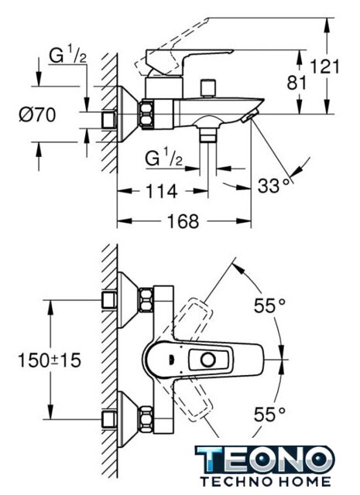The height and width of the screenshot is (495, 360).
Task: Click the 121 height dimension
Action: [324, 67]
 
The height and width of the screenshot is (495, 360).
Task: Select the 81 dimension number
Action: [297, 83]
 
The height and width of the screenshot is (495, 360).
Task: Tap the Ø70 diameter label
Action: [38, 114]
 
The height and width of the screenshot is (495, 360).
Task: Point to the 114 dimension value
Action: [161, 191]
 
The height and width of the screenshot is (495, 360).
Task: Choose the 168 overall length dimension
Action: [183, 220]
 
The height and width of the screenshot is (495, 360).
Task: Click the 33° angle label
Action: [274, 186]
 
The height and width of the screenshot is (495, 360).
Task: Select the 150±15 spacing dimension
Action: [50, 360]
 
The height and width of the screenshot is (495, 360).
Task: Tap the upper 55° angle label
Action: [269, 306]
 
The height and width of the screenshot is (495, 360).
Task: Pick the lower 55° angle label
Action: [269, 414]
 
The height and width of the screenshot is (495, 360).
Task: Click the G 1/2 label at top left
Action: [67, 56]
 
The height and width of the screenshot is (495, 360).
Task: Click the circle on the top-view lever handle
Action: [208, 360]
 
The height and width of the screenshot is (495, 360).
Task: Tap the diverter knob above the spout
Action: [208, 88]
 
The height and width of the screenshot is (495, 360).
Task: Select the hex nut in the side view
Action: [147, 114]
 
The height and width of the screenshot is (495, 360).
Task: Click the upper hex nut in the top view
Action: [146, 299]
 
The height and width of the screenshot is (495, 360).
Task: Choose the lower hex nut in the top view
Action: [146, 419]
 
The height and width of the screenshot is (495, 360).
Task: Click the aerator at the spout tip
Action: [250, 115]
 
